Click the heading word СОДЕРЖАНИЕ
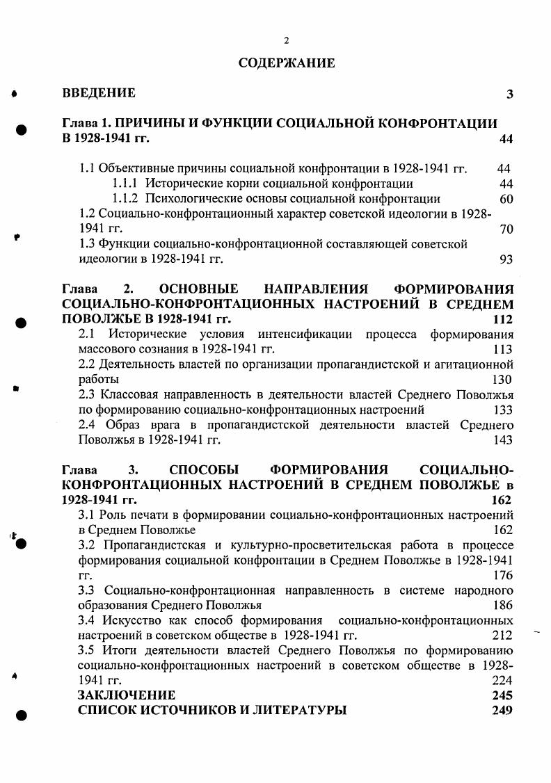pos(287,63)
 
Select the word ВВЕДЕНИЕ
pos(99,93)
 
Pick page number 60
pos(506,200)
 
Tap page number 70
pos(506,229)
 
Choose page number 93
pos(506,260)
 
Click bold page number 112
pos(502,320)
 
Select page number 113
pos(502,350)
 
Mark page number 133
pos(502,410)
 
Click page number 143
pos(502,440)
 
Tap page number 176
pos(502,576)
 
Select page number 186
pos(502,606)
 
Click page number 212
pos(502,636)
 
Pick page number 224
pos(502,681)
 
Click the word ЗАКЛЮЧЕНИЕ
pos(126,695)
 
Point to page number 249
pos(502,711)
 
